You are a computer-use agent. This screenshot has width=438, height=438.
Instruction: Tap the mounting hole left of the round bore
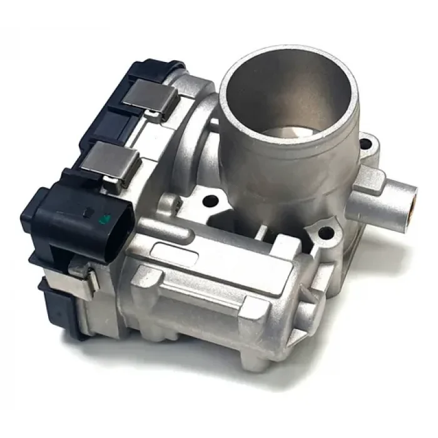pos(210,201)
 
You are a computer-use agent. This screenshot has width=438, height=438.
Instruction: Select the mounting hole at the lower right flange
pos(324,236)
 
